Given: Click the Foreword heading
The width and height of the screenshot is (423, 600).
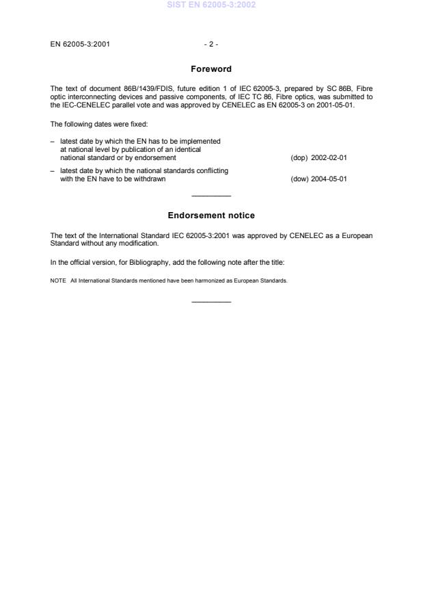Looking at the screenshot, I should point(211,69).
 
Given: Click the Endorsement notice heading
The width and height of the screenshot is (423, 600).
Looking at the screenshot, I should point(211,216).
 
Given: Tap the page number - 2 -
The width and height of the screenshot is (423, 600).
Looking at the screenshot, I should point(211,44).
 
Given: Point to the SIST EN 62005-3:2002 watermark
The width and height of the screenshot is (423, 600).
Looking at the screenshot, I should point(211,4).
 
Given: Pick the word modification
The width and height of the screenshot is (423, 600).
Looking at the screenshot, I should point(139,243).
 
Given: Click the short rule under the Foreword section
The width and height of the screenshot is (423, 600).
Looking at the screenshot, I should point(211,197).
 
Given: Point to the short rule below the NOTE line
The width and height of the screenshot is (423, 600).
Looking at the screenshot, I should point(211,302).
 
